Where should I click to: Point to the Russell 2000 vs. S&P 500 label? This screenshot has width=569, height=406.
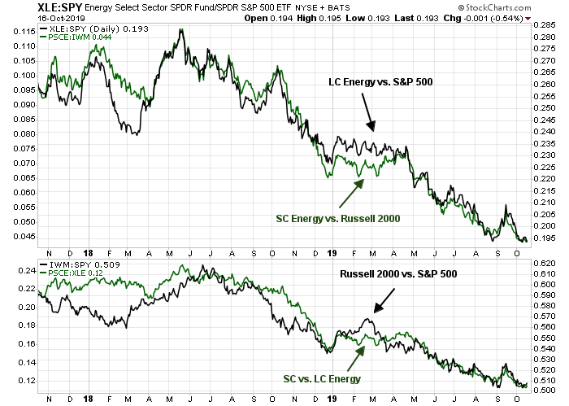click(393, 274)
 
